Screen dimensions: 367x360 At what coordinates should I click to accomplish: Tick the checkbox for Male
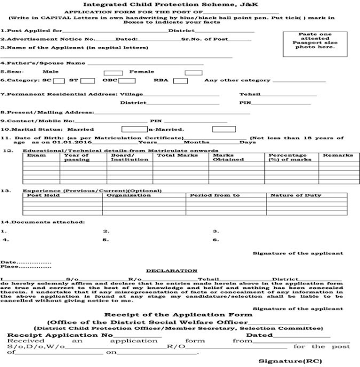pos(109,72)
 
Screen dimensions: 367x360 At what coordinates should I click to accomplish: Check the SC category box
pos(56,81)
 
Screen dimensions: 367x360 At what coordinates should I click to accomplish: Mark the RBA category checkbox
pos(180,81)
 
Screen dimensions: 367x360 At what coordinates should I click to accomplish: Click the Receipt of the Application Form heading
pos(178,315)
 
